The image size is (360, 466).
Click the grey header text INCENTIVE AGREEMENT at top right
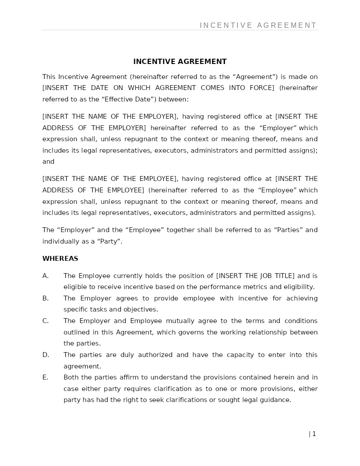[258, 26]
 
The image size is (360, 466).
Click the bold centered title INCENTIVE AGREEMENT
[180, 62]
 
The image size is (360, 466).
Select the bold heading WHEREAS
[60, 259]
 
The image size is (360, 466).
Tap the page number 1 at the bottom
[314, 434]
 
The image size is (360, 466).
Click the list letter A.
[45, 276]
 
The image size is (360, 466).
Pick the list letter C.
[45, 321]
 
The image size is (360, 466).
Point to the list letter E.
[45, 377]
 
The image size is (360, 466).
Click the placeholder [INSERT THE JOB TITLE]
[255, 276]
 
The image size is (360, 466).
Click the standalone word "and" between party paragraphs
[48, 162]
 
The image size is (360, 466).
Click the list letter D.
[45, 355]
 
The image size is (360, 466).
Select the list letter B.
[45, 298]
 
